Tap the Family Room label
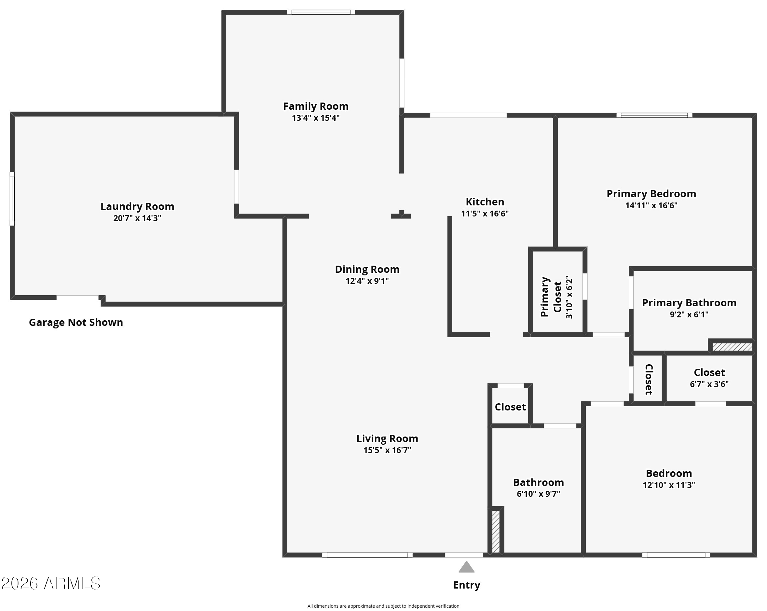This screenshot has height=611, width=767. point(316,106)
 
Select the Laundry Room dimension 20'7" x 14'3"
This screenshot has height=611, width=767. point(137,218)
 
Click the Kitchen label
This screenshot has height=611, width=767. point(485,202)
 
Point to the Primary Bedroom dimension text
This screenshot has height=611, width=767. point(651,205)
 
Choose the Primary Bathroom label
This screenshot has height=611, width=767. point(689,303)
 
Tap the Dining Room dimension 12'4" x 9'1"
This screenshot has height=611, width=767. point(367,281)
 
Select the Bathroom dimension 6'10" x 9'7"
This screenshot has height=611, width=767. point(538,494)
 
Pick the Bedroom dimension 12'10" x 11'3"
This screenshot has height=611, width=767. point(669,485)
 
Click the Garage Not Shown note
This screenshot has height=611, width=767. point(76,322)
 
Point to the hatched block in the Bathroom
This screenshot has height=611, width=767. point(496,532)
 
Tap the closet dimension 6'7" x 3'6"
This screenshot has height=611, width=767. point(709,384)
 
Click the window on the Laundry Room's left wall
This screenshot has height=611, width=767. point(12,199)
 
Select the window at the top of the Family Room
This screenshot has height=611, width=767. point(321,12)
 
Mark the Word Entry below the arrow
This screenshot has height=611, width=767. point(466,585)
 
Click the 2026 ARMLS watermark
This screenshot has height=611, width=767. point(51,584)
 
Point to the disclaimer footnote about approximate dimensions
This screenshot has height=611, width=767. point(383,606)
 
